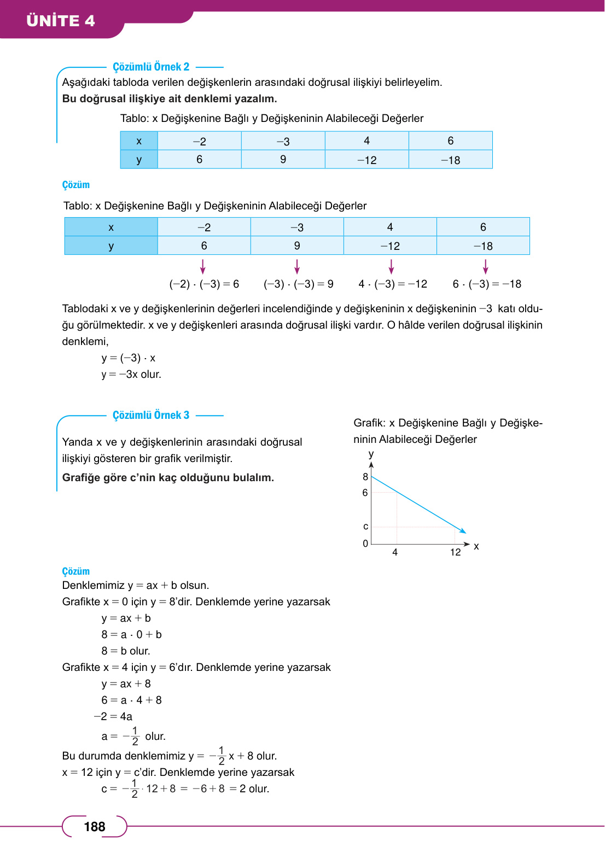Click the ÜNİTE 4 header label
pyautogui.click(x=61, y=21)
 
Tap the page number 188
pyautogui.click(x=94, y=827)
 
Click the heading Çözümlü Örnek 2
pyautogui.click(x=151, y=67)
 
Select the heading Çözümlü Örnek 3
pyautogui.click(x=151, y=415)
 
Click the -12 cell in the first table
pyautogui.click(x=367, y=160)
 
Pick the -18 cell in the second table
pyautogui.click(x=483, y=246)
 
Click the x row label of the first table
pyautogui.click(x=139, y=141)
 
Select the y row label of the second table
pyautogui.click(x=111, y=246)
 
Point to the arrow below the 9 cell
pyautogui.click(x=297, y=266)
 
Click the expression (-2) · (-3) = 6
pyautogui.click(x=204, y=284)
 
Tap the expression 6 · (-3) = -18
pyautogui.click(x=487, y=284)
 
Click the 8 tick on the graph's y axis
pyautogui.click(x=365, y=477)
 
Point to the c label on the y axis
pyautogui.click(x=365, y=527)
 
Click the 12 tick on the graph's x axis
pyautogui.click(x=455, y=552)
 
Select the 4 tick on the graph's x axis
pyautogui.click(x=395, y=552)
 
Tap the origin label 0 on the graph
pyautogui.click(x=365, y=544)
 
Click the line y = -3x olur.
pyautogui.click(x=131, y=375)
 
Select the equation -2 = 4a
pyautogui.click(x=113, y=716)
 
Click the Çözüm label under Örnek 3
pyautogui.click(x=76, y=571)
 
